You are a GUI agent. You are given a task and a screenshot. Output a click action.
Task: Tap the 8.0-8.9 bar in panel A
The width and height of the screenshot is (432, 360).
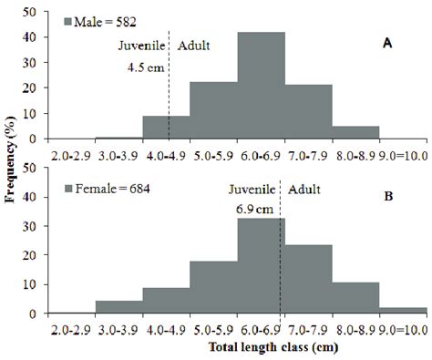tap(355, 132)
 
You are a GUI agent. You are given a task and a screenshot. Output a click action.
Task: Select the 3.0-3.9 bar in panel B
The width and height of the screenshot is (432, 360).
tap(118, 307)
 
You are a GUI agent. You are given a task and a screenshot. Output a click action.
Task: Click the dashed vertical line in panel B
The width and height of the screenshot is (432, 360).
tap(280, 264)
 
